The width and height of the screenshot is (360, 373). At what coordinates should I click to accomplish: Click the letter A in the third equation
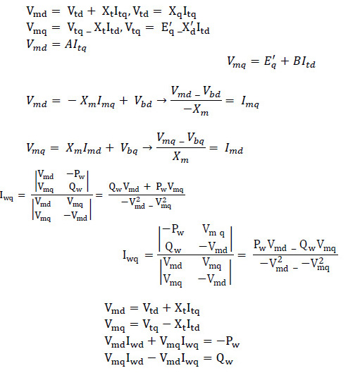click(69, 44)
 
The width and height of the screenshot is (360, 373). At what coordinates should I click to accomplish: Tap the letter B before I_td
click(297, 61)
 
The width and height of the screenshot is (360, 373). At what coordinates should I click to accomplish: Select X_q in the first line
click(175, 12)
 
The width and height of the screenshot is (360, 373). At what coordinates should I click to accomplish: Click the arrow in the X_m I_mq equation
click(162, 100)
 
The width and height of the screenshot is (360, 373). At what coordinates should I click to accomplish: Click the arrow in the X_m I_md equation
click(147, 147)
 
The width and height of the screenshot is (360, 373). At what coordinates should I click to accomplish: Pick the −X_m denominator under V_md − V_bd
click(196, 110)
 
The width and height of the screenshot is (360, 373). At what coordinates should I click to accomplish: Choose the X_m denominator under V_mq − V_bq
click(180, 157)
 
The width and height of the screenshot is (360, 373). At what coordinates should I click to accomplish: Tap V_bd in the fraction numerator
click(212, 92)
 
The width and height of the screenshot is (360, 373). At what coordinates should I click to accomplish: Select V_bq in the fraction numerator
click(196, 139)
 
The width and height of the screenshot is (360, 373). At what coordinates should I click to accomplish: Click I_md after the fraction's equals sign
click(234, 149)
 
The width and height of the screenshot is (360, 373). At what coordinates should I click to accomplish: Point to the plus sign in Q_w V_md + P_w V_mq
click(147, 186)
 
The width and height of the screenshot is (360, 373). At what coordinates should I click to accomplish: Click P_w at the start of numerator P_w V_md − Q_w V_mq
click(259, 245)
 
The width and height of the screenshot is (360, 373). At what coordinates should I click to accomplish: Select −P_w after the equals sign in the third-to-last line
click(228, 342)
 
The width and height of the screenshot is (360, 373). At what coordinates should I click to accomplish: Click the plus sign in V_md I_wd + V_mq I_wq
click(152, 341)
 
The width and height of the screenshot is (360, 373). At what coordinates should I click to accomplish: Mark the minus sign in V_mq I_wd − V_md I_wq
click(152, 357)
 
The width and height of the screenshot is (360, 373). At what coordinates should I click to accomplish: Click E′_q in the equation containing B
click(271, 62)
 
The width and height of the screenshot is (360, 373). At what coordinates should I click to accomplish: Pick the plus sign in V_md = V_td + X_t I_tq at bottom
click(167, 308)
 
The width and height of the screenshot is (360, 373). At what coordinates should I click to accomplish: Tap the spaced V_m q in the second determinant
click(213, 231)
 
